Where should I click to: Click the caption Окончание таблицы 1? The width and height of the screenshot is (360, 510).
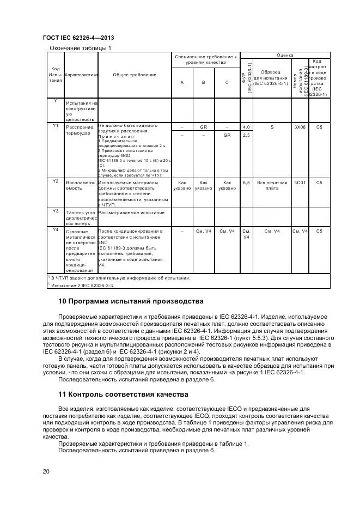point(80,48)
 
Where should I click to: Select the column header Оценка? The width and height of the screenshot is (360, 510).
point(285,56)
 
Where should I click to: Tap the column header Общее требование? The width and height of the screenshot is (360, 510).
point(131,75)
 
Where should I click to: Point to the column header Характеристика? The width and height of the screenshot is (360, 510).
point(81,75)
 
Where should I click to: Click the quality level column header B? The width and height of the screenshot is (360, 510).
point(203,82)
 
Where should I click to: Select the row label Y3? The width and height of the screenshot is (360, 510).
point(55,210)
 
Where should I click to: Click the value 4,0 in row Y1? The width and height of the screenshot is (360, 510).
point(246,126)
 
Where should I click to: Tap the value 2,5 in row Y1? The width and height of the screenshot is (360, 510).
point(246,135)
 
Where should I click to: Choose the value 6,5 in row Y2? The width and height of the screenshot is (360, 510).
point(246,183)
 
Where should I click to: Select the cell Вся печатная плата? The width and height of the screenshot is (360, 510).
point(272,185)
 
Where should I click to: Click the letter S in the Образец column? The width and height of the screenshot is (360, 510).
point(272,126)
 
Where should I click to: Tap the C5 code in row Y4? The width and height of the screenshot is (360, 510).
point(319,230)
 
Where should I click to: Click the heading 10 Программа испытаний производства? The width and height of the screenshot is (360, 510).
point(131,301)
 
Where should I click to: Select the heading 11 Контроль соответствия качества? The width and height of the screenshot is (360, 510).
point(123,394)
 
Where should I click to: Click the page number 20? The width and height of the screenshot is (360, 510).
point(46,471)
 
